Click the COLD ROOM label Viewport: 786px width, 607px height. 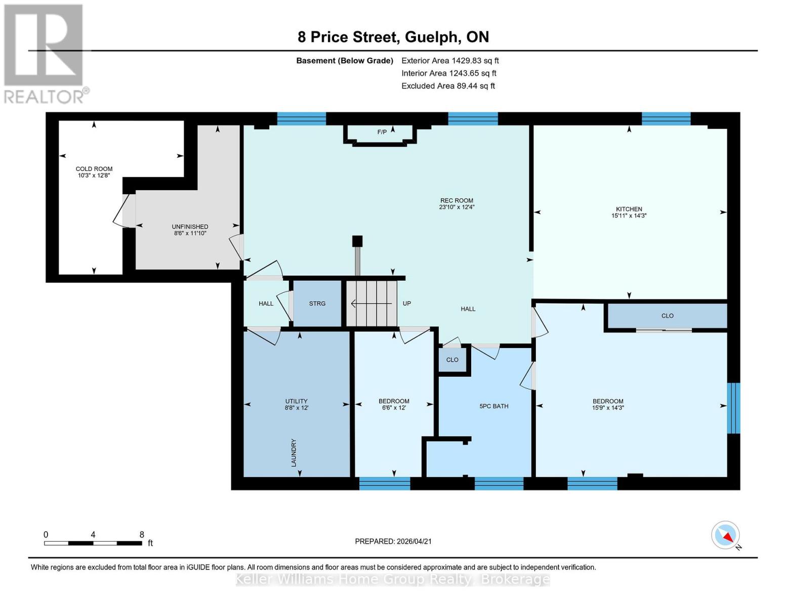(x=94, y=169)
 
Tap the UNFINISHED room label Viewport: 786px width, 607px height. (x=190, y=227)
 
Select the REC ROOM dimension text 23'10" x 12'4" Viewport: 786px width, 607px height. (x=457, y=207)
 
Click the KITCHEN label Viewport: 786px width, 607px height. (x=629, y=209)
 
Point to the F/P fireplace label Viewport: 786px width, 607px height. (x=382, y=132)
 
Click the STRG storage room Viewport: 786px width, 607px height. (x=317, y=303)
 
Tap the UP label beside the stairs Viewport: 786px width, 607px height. (x=406, y=303)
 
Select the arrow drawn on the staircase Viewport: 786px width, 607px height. (x=371, y=303)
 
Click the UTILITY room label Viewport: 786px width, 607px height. (x=297, y=401)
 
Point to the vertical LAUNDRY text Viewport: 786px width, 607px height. (x=294, y=453)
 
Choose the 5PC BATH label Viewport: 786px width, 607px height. (x=493, y=406)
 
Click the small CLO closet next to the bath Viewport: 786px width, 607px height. (x=452, y=360)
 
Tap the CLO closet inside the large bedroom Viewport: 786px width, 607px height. (x=667, y=316)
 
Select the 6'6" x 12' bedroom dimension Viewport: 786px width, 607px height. (x=394, y=408)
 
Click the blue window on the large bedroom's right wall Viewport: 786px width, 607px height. (x=733, y=408)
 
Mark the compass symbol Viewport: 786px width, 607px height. (x=726, y=535)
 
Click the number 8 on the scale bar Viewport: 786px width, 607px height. (x=142, y=535)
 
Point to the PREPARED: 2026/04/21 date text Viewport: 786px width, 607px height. (x=393, y=541)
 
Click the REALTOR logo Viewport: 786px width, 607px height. (x=45, y=54)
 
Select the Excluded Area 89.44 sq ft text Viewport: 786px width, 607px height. (x=448, y=86)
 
